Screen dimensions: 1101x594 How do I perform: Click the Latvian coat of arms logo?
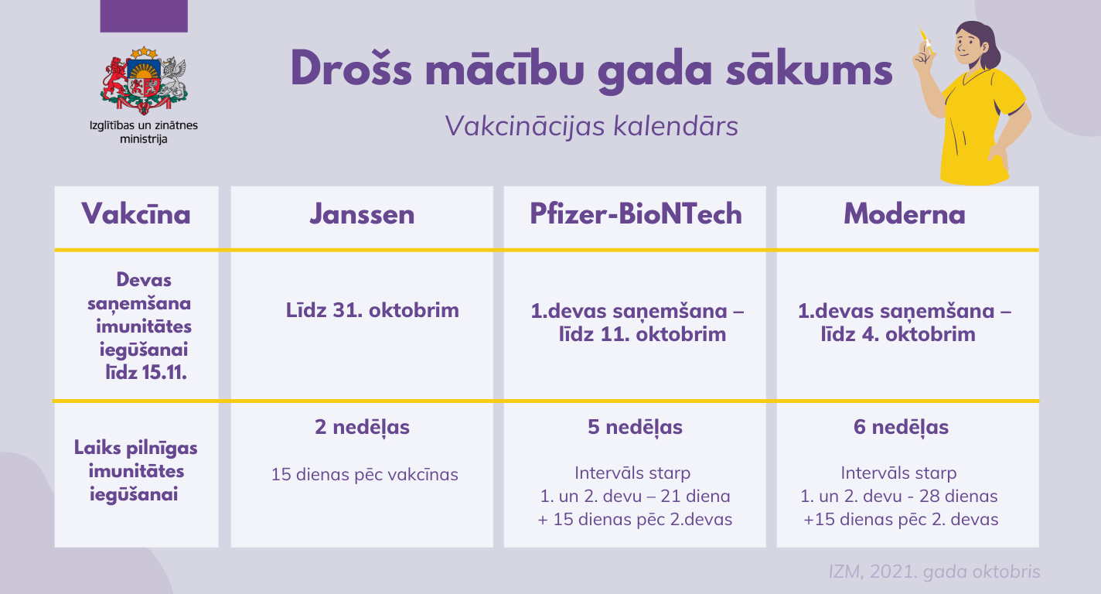(x=144, y=80)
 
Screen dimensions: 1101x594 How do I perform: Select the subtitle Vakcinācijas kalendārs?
(x=591, y=126)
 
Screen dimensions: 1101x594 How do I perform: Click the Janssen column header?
(x=363, y=214)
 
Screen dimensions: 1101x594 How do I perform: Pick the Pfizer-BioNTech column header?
(x=636, y=214)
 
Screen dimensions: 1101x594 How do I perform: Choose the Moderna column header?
(x=905, y=214)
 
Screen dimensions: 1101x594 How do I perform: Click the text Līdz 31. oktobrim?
(x=372, y=310)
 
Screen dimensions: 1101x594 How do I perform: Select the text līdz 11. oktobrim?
(x=642, y=334)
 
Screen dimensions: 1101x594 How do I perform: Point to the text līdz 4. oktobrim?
(x=898, y=334)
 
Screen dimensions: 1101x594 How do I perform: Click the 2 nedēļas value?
(x=363, y=427)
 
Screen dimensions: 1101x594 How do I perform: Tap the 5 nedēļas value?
(x=635, y=427)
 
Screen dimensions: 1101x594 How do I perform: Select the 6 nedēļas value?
(x=901, y=427)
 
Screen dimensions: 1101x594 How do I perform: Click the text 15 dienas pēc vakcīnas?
(x=365, y=475)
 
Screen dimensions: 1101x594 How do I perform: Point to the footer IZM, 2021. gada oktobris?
(x=934, y=572)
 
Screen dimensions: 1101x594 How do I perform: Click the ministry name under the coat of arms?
(x=144, y=132)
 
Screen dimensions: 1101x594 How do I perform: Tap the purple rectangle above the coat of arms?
(x=144, y=16)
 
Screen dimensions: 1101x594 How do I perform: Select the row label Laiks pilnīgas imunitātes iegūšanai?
(x=135, y=471)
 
